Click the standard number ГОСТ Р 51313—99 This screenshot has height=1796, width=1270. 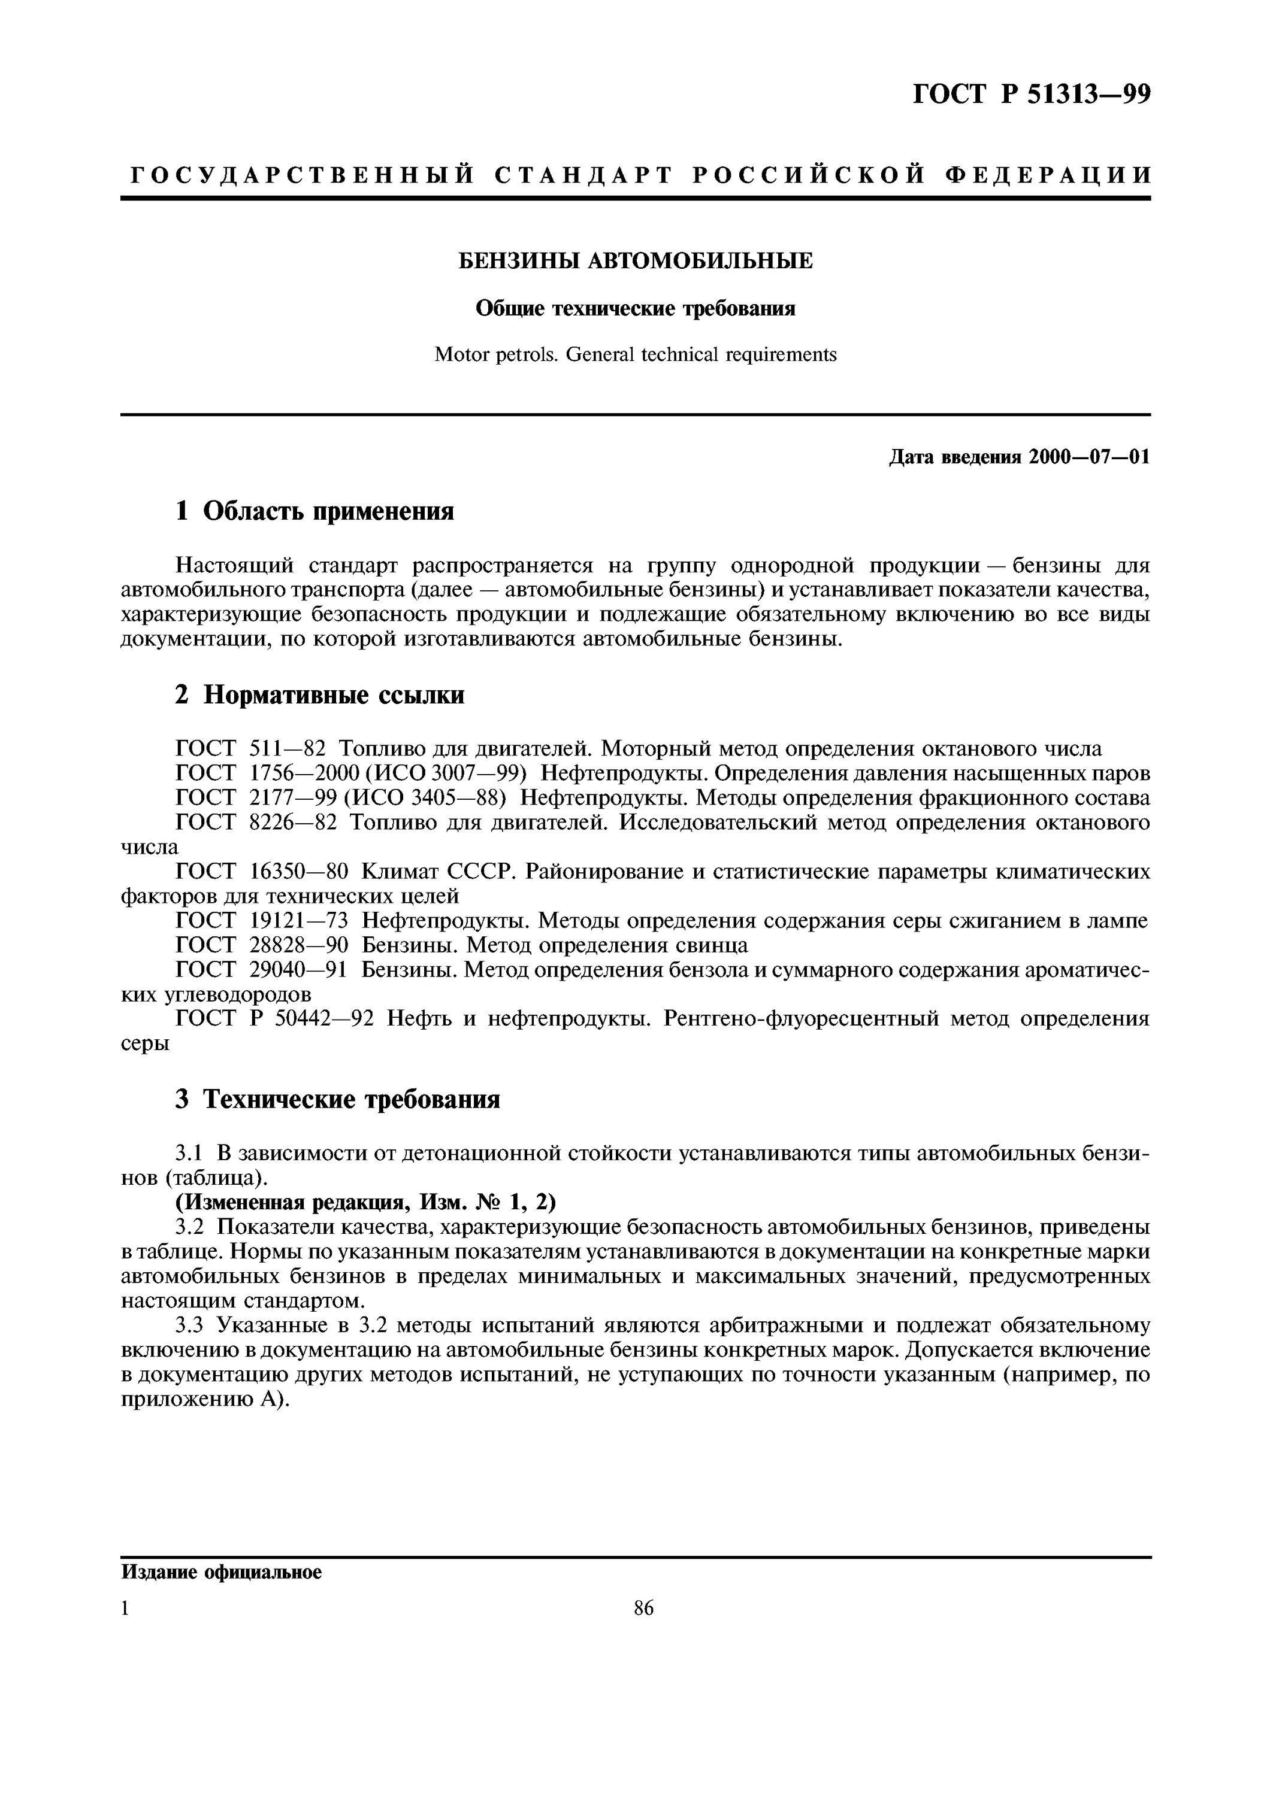(x=1032, y=95)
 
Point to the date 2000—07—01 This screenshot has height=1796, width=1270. (x=1089, y=457)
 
